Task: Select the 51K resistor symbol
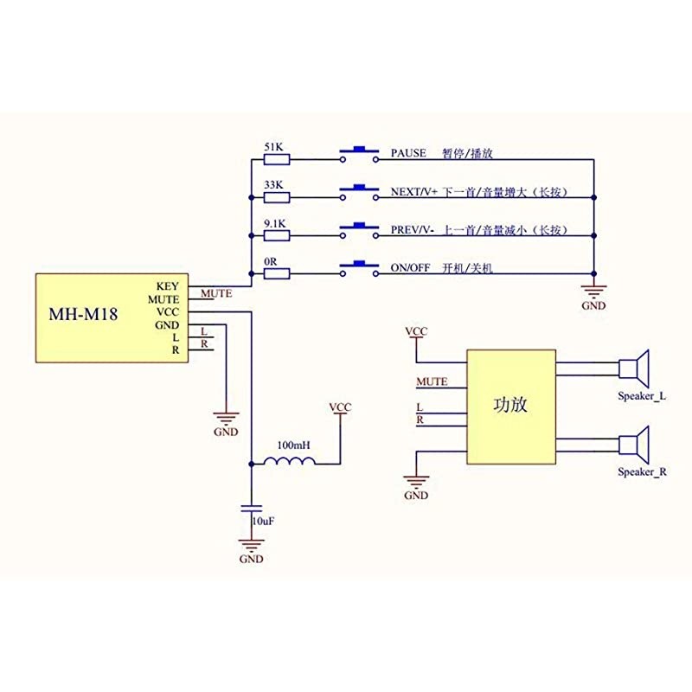[276, 159]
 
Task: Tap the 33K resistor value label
[273, 184]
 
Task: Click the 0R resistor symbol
[276, 273]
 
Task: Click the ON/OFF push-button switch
[358, 269]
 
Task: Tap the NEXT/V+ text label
[414, 191]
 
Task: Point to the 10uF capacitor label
[263, 522]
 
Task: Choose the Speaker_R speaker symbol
[636, 446]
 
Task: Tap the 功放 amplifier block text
[510, 405]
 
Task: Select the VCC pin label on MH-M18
[168, 311]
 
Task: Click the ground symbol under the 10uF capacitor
[252, 545]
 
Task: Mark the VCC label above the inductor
[341, 407]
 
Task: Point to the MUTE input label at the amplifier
[432, 381]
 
